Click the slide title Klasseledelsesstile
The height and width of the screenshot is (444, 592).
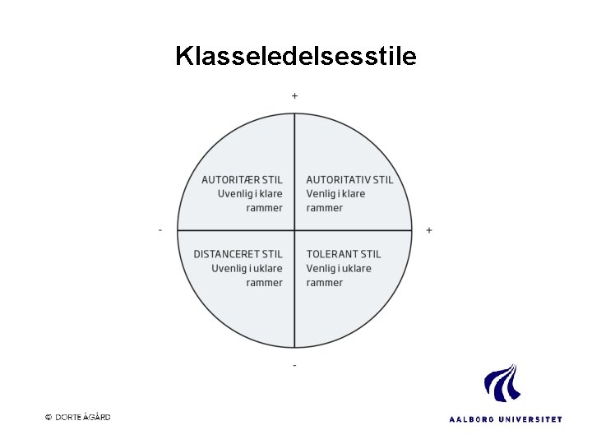pos(296,56)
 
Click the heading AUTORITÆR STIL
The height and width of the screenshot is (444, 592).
pos(242,180)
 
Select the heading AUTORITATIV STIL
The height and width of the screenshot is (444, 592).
pos(349,180)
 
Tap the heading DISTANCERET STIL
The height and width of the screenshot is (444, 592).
pos(238,254)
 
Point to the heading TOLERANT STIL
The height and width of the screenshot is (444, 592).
pos(344,254)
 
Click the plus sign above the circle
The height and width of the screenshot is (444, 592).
pos(295,96)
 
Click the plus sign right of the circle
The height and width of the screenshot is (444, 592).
pos(429,230)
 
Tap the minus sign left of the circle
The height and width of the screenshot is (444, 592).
pos(160,230)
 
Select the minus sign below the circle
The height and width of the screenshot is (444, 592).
pos(295,364)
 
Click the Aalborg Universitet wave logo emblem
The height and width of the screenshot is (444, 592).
pos(501,383)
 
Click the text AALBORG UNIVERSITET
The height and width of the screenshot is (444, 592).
pos(506,419)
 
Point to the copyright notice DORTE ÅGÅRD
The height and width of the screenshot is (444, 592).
pos(83,417)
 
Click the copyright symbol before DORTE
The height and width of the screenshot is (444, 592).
pos(49,417)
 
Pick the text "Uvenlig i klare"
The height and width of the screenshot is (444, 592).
pos(250,194)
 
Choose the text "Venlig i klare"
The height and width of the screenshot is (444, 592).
pos(335,194)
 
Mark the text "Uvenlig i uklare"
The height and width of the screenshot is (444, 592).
pos(247,268)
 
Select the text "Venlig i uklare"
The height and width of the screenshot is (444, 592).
pos(339,268)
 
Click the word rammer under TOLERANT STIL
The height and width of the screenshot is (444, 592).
pos(325,283)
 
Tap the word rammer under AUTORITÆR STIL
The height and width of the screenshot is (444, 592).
pos(264,208)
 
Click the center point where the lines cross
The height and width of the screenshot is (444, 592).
pos(295,230)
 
